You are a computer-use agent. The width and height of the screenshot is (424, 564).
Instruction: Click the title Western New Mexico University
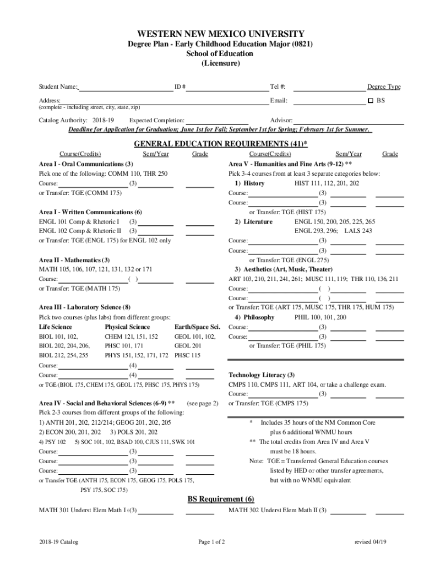[x=221, y=34]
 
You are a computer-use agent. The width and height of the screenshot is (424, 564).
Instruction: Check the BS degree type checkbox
[x=370, y=101]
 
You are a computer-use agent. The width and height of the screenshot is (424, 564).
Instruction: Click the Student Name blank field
[x=126, y=87]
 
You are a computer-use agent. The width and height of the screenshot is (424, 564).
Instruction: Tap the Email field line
[x=327, y=101]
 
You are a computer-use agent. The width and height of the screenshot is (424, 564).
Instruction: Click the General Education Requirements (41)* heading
[x=221, y=144]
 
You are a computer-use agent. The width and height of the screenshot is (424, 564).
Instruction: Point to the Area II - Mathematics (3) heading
[x=74, y=260]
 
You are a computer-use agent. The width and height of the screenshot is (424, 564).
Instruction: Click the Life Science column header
[x=55, y=327]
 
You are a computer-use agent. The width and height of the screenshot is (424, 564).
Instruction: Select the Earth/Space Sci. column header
[x=197, y=327]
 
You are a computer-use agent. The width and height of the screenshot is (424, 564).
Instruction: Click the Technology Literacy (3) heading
[x=262, y=375]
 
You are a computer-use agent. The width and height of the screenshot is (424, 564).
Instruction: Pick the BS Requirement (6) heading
[x=221, y=499]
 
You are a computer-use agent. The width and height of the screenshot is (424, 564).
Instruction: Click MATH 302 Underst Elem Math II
[x=273, y=510]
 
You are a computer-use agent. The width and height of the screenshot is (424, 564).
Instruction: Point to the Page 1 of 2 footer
[x=212, y=542]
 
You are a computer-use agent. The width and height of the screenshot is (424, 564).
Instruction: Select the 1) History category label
[x=249, y=183]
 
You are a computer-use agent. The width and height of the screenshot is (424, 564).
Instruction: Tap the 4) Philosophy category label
[x=254, y=318]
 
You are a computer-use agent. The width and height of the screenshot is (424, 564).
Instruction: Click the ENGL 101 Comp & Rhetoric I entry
[x=79, y=221]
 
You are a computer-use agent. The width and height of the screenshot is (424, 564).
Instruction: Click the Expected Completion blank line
[x=217, y=121]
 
